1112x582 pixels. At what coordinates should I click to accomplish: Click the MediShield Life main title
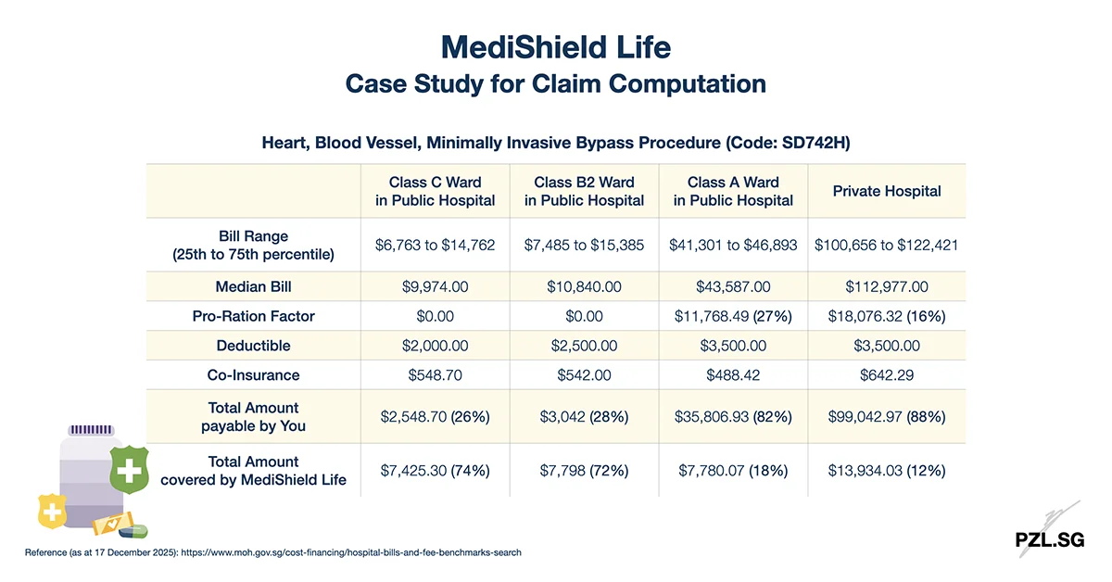click(x=555, y=45)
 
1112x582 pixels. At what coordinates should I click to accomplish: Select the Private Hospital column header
click(x=887, y=191)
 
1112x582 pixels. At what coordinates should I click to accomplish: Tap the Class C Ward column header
click(x=436, y=191)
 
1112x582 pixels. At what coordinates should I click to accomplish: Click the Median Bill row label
click(x=253, y=286)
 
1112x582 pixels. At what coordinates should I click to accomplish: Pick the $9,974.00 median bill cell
click(x=436, y=286)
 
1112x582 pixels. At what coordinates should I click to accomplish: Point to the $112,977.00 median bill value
click(x=887, y=286)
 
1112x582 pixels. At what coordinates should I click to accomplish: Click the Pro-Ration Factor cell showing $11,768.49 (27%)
click(x=733, y=316)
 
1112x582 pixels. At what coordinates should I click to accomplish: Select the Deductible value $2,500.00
click(x=584, y=346)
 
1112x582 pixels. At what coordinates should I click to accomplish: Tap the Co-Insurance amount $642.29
click(x=887, y=375)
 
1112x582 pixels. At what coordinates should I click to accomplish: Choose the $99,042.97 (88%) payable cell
click(x=887, y=417)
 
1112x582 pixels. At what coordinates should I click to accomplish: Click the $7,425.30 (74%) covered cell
click(x=436, y=471)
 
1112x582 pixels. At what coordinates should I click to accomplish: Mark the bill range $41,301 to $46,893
click(x=733, y=246)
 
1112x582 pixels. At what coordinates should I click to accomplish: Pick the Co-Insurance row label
click(x=253, y=375)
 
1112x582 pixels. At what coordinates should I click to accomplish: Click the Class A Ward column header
click(x=733, y=191)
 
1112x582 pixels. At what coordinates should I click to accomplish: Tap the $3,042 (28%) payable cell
click(x=584, y=417)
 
